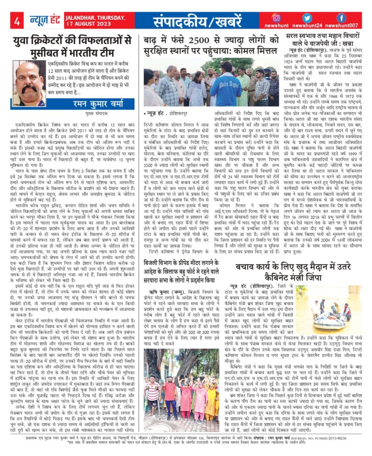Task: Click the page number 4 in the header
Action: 17,21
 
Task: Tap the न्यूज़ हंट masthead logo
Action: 49,21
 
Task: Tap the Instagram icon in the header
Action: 277,18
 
